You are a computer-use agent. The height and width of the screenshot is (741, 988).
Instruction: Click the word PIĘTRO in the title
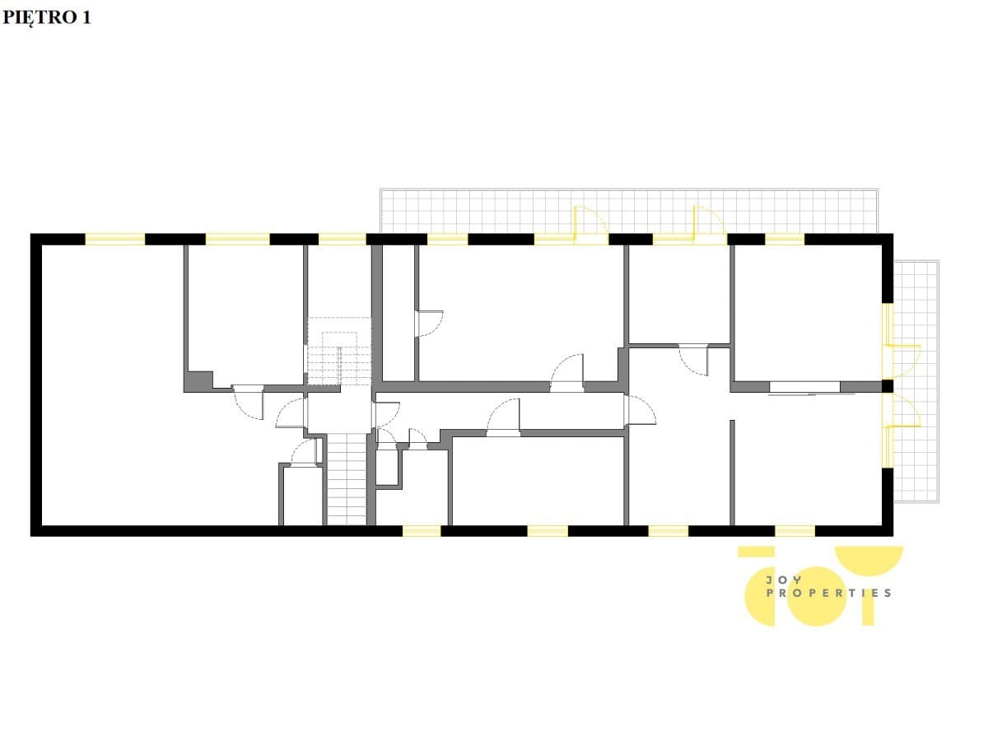click(x=40, y=18)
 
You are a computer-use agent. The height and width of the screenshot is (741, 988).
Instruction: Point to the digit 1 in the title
click(x=86, y=17)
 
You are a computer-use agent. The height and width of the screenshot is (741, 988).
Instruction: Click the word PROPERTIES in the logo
click(x=828, y=593)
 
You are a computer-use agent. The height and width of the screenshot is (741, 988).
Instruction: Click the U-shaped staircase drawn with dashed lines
click(x=339, y=351)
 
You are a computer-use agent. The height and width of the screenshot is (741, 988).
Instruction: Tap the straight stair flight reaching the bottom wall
click(x=346, y=479)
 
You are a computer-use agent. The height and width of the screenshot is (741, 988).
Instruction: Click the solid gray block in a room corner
click(x=199, y=380)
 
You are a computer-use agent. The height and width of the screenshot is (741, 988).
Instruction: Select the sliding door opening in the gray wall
click(x=804, y=387)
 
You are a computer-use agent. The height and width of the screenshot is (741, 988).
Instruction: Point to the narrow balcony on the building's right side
click(x=916, y=381)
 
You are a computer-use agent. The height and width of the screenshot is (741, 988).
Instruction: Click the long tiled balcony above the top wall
click(x=629, y=211)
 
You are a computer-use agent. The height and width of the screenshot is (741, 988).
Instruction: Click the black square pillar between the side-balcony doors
click(x=888, y=386)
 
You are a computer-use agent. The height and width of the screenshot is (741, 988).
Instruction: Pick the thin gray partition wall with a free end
click(x=732, y=473)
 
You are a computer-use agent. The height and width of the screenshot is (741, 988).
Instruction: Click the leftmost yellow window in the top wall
click(x=114, y=240)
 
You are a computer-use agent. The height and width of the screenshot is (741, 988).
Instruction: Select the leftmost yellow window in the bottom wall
click(x=422, y=531)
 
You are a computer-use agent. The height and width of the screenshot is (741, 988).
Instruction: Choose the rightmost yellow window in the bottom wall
click(x=795, y=531)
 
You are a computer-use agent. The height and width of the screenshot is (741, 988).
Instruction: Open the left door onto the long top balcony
click(x=591, y=225)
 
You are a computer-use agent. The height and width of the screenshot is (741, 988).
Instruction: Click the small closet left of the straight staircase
click(x=302, y=496)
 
